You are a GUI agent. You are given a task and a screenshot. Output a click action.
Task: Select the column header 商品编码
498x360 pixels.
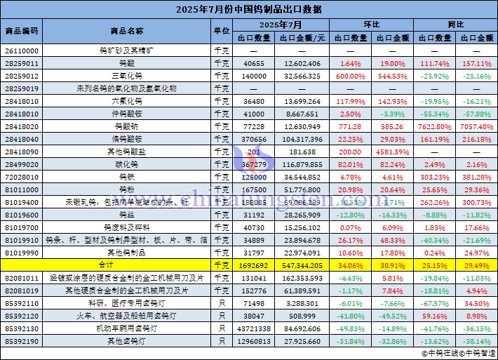(22, 31)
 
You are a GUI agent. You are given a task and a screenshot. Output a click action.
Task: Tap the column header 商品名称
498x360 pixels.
(127, 31)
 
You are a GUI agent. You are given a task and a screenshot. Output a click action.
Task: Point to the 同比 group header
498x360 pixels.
(456, 25)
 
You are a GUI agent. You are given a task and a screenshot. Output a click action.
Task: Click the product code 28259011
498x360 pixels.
(22, 63)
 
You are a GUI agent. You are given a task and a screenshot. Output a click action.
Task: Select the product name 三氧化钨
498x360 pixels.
(127, 76)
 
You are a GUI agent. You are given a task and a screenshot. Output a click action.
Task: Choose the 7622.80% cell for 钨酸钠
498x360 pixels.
(435, 126)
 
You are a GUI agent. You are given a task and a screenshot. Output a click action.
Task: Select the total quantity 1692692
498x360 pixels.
(253, 265)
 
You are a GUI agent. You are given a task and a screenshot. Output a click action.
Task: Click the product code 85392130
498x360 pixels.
(22, 328)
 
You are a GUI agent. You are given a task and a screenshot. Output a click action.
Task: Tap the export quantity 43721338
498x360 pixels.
(253, 328)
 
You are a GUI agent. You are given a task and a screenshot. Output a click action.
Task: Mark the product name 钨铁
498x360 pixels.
(127, 177)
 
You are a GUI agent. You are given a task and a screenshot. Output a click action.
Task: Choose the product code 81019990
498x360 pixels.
(22, 253)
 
